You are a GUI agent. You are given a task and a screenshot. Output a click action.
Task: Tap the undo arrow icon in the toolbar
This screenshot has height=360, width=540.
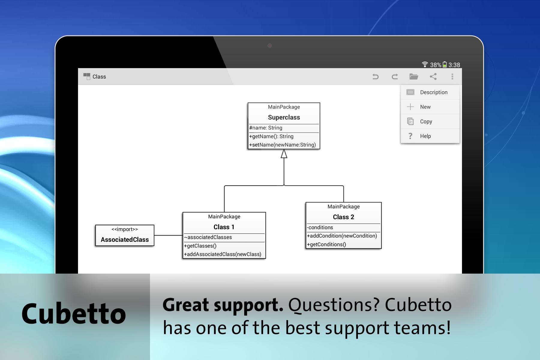point(375,77)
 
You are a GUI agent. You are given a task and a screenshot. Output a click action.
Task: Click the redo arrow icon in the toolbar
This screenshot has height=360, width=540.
point(395,77)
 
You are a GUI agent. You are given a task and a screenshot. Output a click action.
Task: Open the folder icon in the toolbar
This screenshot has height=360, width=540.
point(414,76)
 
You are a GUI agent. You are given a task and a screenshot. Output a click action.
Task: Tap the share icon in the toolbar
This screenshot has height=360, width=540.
point(433,76)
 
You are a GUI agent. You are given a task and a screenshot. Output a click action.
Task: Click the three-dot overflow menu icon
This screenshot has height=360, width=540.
point(452,76)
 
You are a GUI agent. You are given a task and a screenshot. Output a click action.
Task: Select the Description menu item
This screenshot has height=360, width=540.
point(434,92)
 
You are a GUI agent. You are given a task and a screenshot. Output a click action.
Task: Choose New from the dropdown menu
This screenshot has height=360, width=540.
point(425,107)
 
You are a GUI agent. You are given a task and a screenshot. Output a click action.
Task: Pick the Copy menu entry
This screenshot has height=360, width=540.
point(426,121)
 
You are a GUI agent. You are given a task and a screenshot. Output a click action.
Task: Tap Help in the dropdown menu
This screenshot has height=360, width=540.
point(425,136)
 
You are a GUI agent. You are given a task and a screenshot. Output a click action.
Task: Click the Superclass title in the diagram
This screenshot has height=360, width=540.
point(284,117)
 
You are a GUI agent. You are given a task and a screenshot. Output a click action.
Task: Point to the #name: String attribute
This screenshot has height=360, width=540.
point(266,128)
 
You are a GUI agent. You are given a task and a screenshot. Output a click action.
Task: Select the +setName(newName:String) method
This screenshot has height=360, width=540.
point(283,145)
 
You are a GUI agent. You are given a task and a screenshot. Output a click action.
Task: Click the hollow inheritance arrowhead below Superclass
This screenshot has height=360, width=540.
point(284,154)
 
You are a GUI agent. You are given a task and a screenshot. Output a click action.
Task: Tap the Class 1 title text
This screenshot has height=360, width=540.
point(224,227)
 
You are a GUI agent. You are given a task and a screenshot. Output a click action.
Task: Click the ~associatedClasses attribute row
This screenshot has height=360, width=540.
point(208,237)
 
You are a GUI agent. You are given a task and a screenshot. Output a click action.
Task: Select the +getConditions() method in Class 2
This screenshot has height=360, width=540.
point(326,244)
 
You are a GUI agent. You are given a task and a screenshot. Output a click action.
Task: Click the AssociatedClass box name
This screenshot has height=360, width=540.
point(125,240)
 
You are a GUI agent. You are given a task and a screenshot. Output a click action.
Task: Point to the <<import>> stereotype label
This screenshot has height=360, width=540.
point(125,229)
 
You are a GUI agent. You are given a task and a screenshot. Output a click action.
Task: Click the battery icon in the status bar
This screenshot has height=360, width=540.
point(445,64)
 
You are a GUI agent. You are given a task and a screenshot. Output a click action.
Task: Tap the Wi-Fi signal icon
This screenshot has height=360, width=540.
point(425,64)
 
